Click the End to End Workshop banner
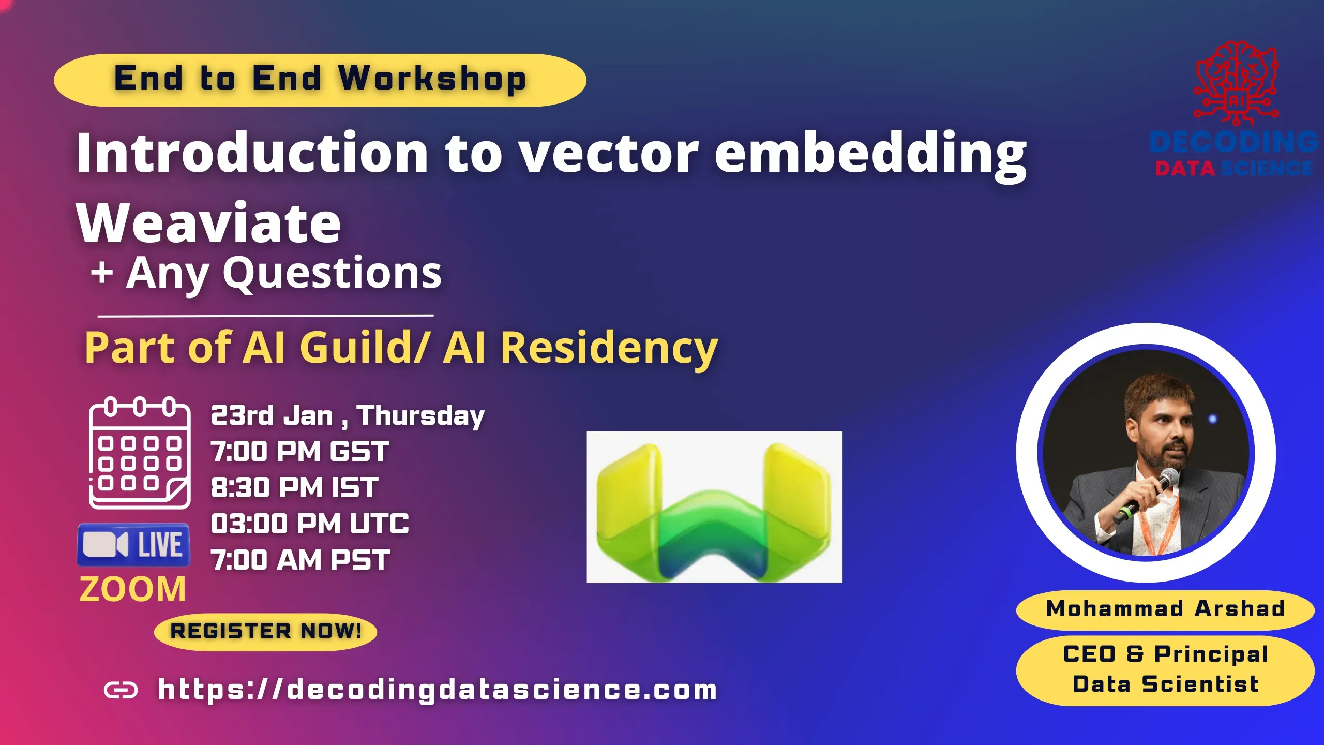pos(320,80)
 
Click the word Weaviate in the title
pos(208,224)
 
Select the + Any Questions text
pos(266,273)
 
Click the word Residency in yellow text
pos(609,348)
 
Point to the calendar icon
pos(140,453)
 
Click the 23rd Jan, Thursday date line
pos(348,415)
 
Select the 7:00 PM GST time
pos(300,451)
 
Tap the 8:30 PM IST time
pos(295,487)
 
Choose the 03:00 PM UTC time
pos(310,524)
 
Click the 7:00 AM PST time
pos(300,560)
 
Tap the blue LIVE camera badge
pos(133,545)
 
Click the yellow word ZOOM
pos(132,589)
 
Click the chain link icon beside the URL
pos(121,690)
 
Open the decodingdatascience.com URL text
pos(438,690)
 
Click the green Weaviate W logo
pos(714,507)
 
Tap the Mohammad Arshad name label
pos(1165,609)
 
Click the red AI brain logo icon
pos(1236,83)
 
